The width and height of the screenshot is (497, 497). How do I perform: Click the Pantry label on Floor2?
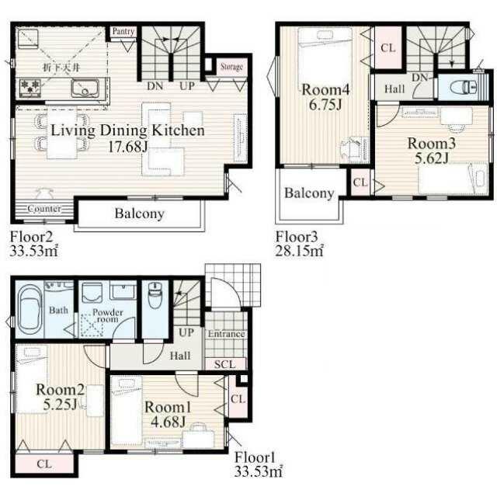pos(123,31)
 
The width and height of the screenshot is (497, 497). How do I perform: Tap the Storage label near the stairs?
pos(231,67)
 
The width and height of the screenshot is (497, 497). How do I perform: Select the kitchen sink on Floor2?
pos(85,89)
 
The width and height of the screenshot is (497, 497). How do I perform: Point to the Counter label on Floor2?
pos(44,209)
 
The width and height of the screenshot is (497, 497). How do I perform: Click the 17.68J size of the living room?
pos(127,147)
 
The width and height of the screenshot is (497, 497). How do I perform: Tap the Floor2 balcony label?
pos(140,214)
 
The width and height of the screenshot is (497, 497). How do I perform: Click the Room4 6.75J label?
pos(325,97)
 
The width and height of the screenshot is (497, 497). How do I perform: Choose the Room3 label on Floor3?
pos(432,144)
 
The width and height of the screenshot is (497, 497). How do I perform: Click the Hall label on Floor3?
pos(394,89)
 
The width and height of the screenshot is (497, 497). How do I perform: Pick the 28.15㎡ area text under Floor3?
pos(299,251)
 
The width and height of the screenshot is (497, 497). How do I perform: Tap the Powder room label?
pos(107,316)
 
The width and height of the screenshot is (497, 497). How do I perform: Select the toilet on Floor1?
pos(155,295)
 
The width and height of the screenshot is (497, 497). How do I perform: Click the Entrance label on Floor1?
pos(226,334)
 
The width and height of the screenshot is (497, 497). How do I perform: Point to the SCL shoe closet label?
pos(224,364)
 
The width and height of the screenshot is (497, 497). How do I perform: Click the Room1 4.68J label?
pos(168,414)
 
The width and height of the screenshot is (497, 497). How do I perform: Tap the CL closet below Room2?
pos(44,464)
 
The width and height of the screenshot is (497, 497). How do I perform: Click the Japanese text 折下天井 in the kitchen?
pos(61,68)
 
